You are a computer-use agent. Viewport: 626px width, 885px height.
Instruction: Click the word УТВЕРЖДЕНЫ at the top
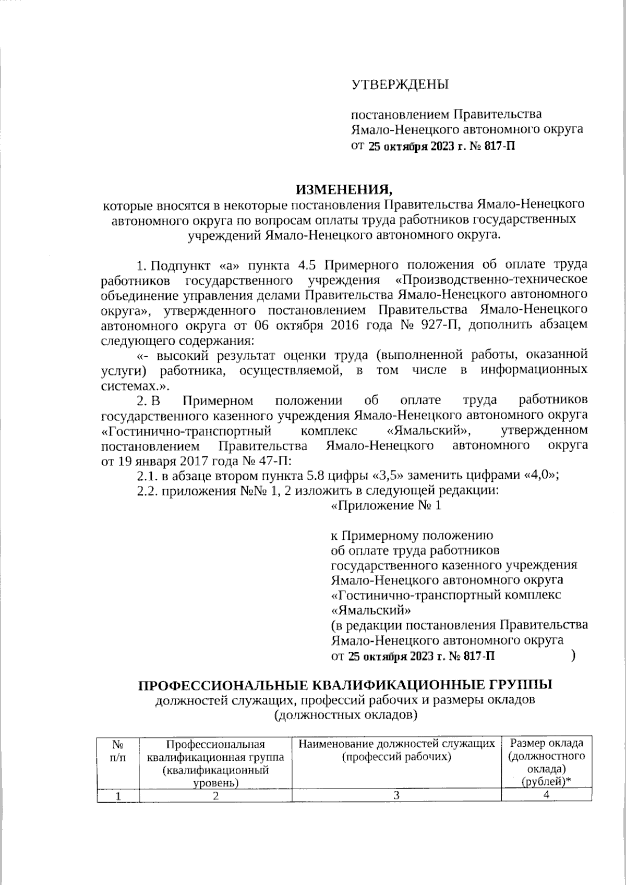pos(400,84)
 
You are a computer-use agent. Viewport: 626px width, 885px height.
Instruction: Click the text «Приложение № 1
pos(387,505)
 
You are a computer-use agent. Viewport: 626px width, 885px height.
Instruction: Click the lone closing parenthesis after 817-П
pos(573,655)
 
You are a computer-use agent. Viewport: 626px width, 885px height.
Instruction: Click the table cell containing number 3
pos(396,795)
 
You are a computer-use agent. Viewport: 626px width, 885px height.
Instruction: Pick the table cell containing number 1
pos(118,795)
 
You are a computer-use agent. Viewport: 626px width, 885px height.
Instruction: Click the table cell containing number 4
pos(546,795)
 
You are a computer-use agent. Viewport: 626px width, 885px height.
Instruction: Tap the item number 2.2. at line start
pos(148,490)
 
